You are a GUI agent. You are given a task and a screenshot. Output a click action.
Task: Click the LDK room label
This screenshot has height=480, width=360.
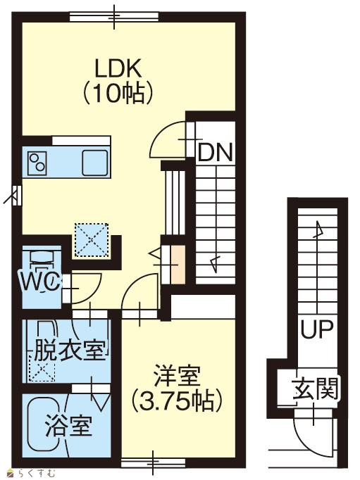click(x=118, y=68)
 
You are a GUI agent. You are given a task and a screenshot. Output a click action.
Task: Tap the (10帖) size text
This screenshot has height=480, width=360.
click(x=118, y=94)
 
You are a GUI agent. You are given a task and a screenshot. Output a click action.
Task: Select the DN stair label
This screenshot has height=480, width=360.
click(x=216, y=153)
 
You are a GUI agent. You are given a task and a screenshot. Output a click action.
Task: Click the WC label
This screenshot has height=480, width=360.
click(x=40, y=282)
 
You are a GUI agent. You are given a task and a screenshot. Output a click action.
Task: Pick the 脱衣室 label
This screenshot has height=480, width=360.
click(x=70, y=350)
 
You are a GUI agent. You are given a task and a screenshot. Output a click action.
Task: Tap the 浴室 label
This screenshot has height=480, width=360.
click(x=68, y=426)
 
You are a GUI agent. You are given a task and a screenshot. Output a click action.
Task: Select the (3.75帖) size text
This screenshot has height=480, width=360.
click(x=177, y=400)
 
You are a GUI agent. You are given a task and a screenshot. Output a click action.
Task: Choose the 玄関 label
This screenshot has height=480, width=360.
click(x=316, y=389)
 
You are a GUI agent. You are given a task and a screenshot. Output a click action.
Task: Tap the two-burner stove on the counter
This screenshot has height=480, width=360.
click(x=37, y=163)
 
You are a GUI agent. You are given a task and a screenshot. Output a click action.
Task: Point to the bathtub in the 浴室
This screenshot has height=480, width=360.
click(x=47, y=427)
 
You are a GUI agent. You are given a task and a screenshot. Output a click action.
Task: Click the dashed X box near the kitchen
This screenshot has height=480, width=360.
click(x=92, y=240)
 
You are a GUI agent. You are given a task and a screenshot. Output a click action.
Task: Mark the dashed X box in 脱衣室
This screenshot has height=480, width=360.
click(x=42, y=368)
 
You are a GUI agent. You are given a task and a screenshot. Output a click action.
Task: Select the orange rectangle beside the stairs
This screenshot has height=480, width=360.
click(x=178, y=265)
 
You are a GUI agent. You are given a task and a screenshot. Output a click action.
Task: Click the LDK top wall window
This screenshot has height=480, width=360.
click(x=114, y=16)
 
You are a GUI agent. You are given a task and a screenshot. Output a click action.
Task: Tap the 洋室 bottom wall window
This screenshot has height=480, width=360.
click(x=153, y=462)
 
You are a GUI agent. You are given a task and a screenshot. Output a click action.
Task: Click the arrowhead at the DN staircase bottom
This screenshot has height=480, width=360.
click(x=215, y=263)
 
